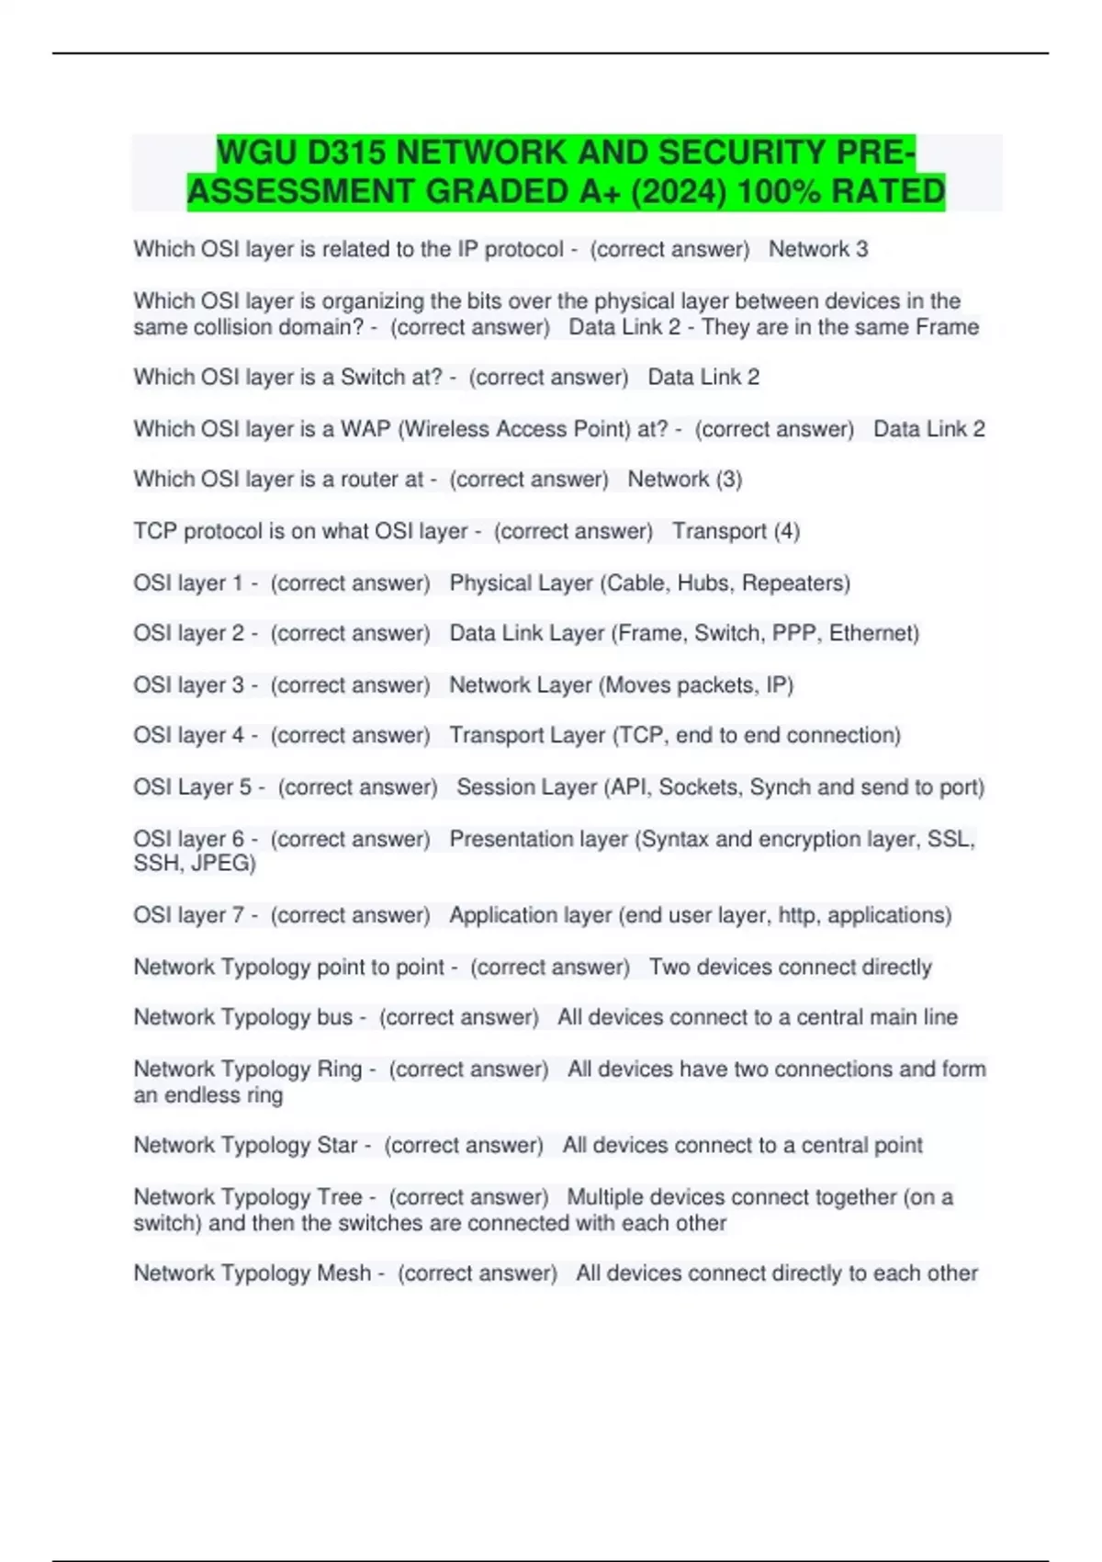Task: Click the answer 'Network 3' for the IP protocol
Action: pyautogui.click(x=817, y=249)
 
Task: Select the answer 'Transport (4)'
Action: pyautogui.click(x=736, y=531)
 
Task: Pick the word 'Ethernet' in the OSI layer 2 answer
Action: pyautogui.click(x=872, y=633)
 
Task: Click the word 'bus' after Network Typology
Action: pyautogui.click(x=334, y=1017)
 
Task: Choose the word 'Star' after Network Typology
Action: pyautogui.click(x=337, y=1146)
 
